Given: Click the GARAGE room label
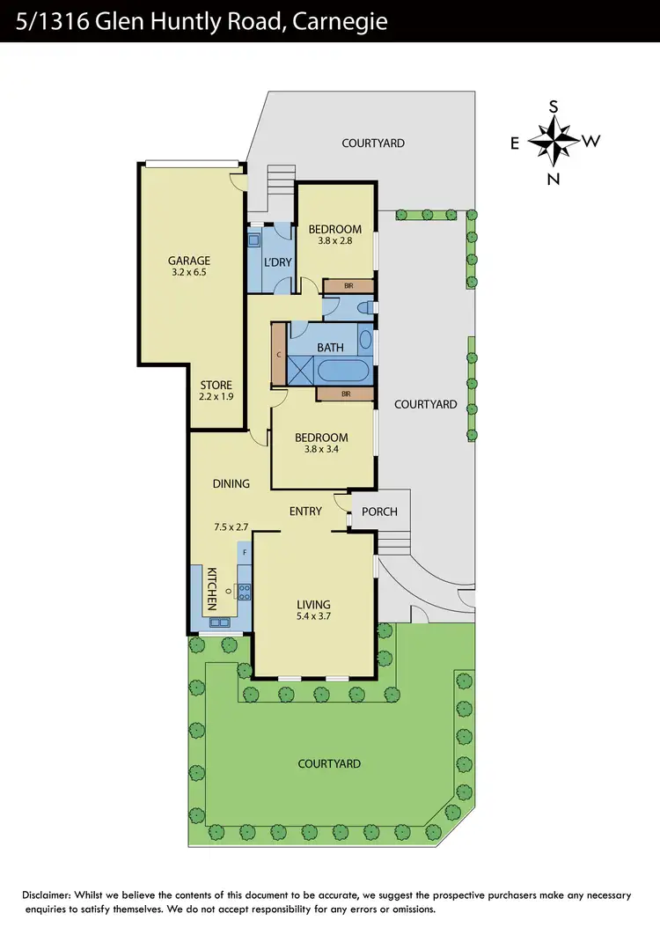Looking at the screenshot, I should [189, 261].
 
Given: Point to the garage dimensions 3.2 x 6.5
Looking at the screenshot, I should [189, 274].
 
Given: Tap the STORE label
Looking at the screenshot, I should [216, 385].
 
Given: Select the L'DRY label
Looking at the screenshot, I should [277, 261].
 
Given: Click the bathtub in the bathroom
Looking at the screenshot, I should [344, 371].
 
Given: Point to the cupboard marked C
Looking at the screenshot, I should [279, 354].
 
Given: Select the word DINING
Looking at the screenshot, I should [231, 483].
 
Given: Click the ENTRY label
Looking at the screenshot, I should [305, 511].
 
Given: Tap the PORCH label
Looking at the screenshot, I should [379, 512].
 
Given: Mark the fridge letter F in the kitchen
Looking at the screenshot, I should [244, 552].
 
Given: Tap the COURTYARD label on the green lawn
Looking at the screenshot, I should [329, 763].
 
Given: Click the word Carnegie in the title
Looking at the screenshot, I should [340, 20].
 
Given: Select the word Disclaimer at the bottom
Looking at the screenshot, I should [51, 895].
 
